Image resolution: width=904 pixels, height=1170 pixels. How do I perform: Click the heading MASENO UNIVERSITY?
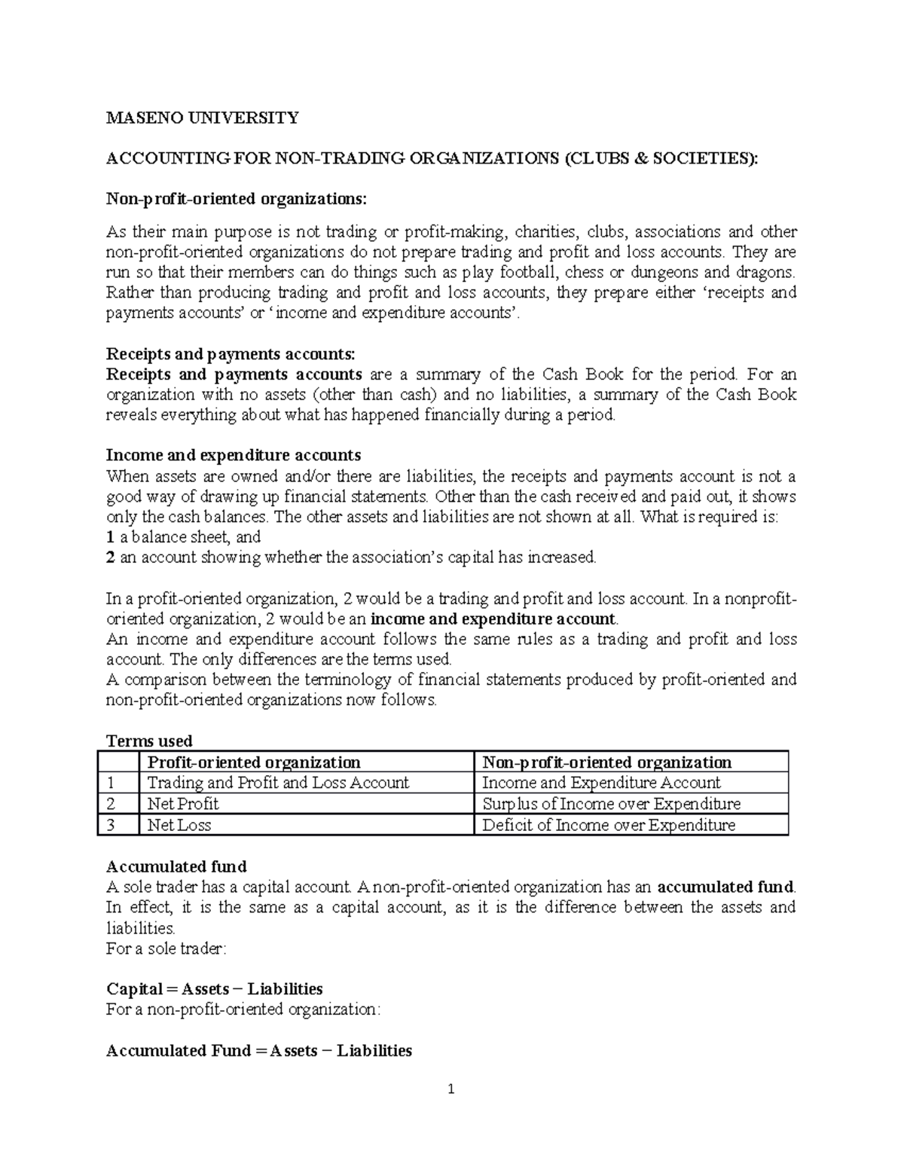pos(202,118)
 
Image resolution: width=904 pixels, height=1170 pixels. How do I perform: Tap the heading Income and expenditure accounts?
pos(234,455)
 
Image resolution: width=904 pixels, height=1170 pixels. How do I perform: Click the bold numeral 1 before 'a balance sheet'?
pos(110,537)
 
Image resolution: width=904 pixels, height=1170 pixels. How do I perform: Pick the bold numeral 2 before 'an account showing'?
pos(110,558)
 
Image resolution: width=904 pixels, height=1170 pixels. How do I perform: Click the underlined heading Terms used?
pos(149,741)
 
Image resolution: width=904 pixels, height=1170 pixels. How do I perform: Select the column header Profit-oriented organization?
pos(254,762)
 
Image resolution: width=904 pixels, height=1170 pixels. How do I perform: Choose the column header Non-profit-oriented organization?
pos(606,762)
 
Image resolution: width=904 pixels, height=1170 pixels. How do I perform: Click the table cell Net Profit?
pos(183,804)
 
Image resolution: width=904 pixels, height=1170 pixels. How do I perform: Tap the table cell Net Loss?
pos(179,825)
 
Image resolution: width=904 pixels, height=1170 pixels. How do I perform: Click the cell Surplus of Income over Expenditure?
pos(611,804)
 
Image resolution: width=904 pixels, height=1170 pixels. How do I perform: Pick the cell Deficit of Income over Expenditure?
pos(608,825)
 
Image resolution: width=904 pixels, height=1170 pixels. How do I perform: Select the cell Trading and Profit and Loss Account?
pos(278,783)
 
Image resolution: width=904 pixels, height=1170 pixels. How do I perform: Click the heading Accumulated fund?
pos(176,866)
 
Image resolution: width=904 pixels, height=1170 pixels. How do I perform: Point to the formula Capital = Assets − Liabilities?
pos(215,988)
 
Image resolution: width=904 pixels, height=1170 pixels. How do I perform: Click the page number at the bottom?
pos(451,1089)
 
